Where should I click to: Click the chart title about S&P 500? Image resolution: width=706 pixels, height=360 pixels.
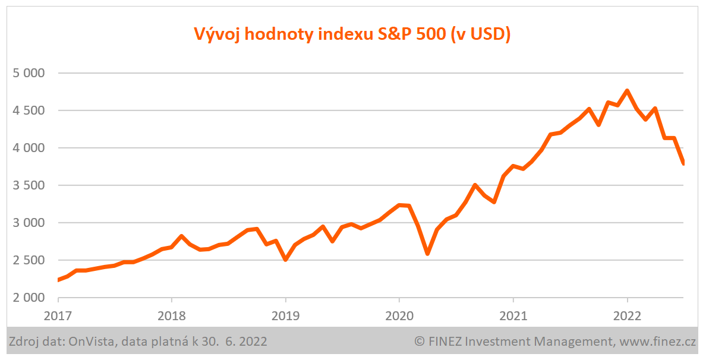click(x=352, y=34)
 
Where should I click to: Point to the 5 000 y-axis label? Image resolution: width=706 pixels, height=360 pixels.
click(x=29, y=73)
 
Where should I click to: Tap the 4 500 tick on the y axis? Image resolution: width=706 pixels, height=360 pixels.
click(x=29, y=110)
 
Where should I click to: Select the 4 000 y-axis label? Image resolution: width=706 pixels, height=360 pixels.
click(x=29, y=148)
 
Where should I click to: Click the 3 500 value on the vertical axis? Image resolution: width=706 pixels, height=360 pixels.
click(x=29, y=185)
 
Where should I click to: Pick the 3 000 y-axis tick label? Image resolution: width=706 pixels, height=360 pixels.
click(x=29, y=223)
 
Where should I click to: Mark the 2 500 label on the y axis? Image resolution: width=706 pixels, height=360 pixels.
click(x=29, y=260)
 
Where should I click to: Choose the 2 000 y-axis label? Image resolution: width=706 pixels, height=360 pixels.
click(x=29, y=298)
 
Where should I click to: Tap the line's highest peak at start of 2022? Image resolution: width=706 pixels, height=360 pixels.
click(x=627, y=91)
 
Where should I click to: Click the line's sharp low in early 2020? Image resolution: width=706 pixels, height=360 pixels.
click(x=427, y=254)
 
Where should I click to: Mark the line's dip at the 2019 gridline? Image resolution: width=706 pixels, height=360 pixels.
click(x=286, y=259)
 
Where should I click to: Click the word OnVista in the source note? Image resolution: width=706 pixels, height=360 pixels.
click(x=89, y=342)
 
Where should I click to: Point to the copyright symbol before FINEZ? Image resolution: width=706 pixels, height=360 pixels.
click(x=420, y=342)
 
